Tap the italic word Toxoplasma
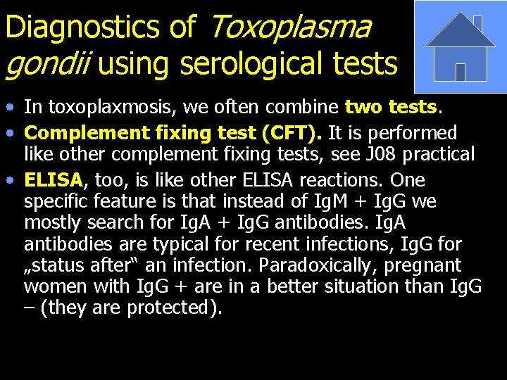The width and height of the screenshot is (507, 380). pos(290,27)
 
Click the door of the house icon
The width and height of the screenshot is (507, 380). pos(461,72)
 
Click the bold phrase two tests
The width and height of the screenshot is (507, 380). pos(392,107)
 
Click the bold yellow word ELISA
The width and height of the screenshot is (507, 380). pos(54,179)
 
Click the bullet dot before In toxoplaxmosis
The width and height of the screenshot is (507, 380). pos(8,108)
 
